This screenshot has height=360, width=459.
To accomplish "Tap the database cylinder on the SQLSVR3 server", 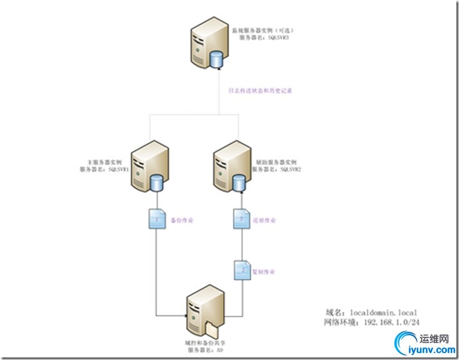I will pyautogui.click(x=217, y=59).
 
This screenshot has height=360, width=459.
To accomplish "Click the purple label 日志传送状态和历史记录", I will pyautogui.click(x=260, y=90).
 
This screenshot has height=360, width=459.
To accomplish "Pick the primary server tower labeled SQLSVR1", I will pyautogui.click(x=148, y=165).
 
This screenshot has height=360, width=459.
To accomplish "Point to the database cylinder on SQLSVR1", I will pyautogui.click(x=157, y=182).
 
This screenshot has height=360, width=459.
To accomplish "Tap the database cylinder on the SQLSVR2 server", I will pyautogui.click(x=239, y=182).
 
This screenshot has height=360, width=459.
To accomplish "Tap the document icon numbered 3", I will pyautogui.click(x=240, y=220).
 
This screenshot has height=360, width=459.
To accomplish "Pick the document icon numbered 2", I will pyautogui.click(x=240, y=270).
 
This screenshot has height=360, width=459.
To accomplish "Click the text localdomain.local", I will pyautogui.click(x=382, y=312).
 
